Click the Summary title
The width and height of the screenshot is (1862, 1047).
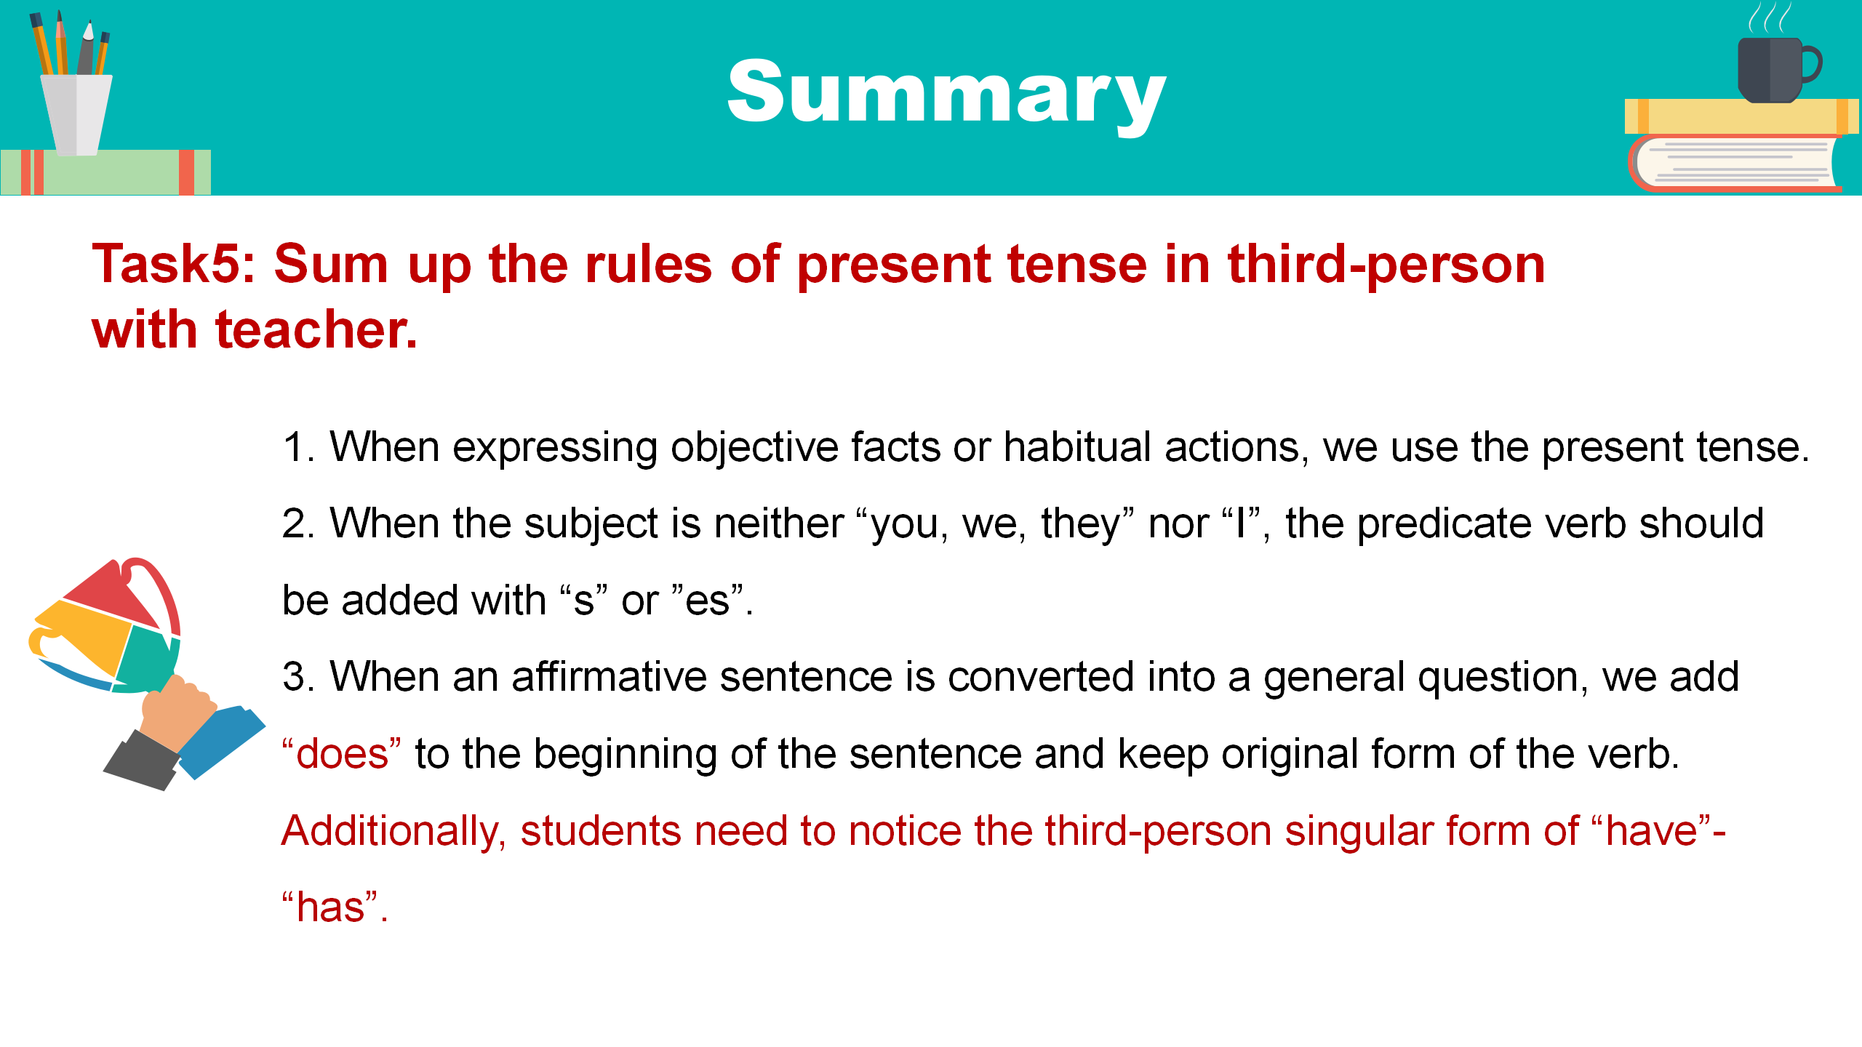947,95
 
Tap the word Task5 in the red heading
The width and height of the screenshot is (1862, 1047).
174,263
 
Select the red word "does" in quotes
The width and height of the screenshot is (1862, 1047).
342,753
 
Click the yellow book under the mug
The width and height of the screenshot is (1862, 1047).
1741,116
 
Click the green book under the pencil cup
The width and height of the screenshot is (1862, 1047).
106,172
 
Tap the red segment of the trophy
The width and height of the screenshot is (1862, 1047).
113,593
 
